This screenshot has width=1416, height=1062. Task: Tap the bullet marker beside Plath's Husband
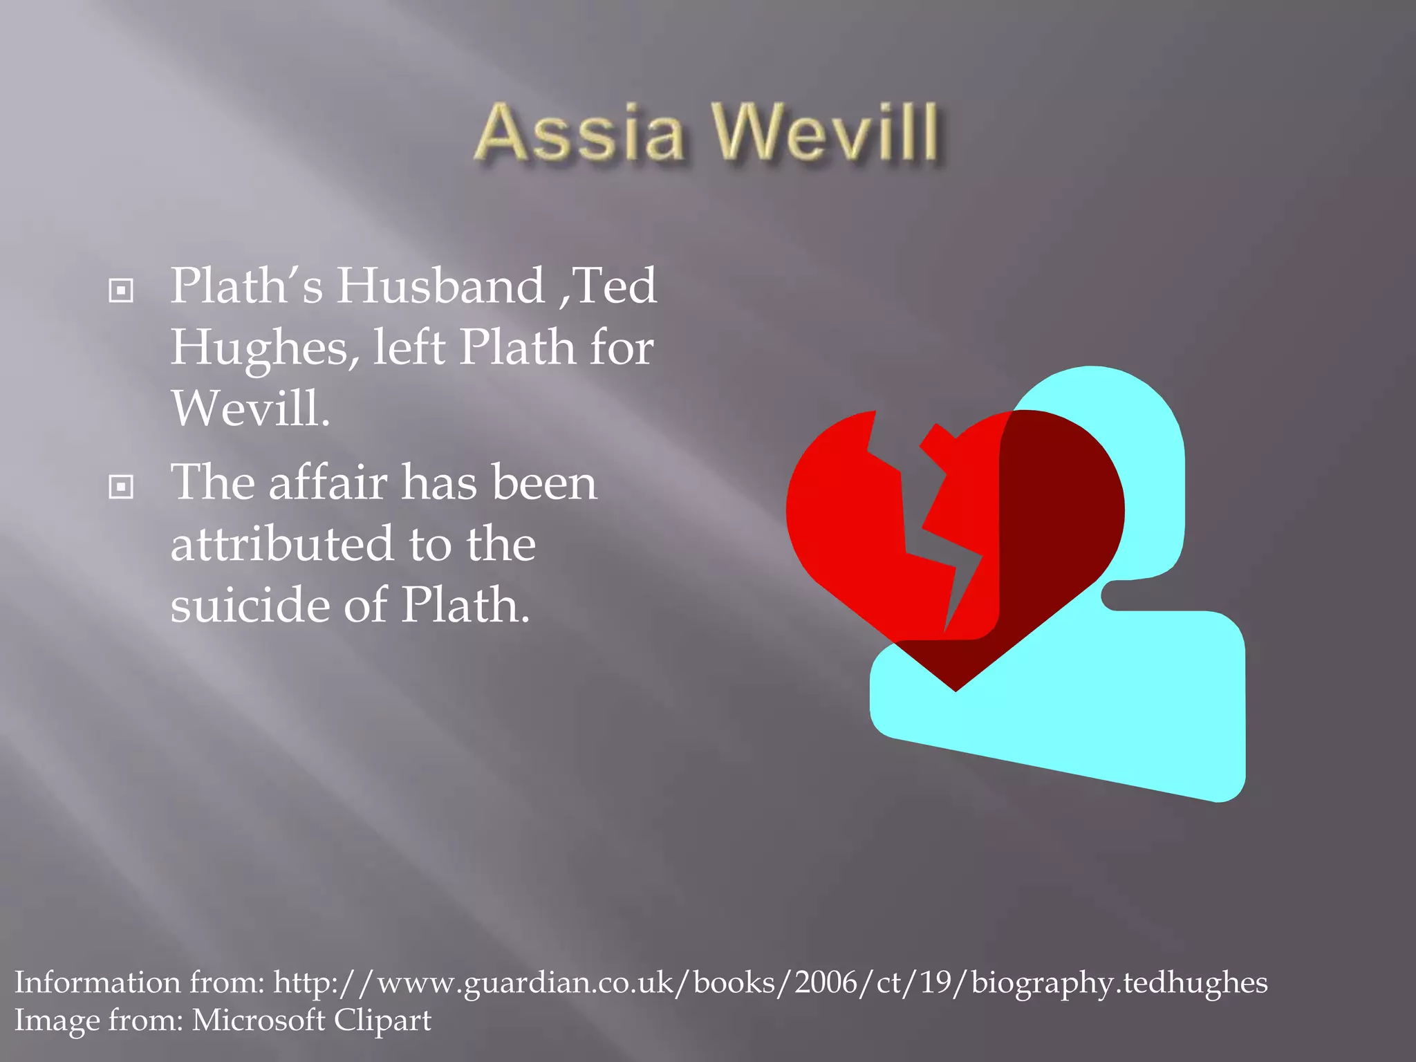click(121, 290)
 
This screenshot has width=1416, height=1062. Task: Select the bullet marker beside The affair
click(121, 487)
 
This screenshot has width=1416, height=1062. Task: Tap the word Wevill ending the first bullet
click(250, 408)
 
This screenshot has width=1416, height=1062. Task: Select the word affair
click(328, 482)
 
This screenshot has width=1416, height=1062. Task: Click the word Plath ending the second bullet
click(465, 605)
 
